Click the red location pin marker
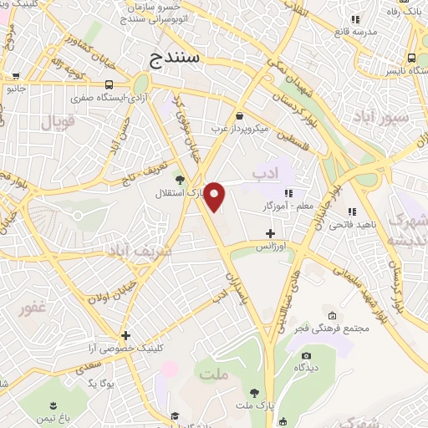point(215,196)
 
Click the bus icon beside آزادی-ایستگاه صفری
point(110,84)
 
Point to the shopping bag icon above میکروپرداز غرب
point(241,115)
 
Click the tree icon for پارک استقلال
point(177,180)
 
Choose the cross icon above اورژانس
point(269,233)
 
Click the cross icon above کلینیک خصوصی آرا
point(125,334)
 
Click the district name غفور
point(33,308)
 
